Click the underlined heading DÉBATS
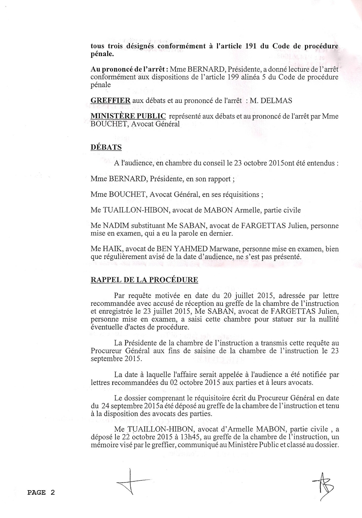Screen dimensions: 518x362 (106, 147)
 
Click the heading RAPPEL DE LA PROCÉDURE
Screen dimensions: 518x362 (144, 280)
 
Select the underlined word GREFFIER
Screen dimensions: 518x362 (110, 100)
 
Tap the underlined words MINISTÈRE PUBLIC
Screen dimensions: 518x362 (128, 116)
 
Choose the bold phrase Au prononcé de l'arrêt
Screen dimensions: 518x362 (129, 69)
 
